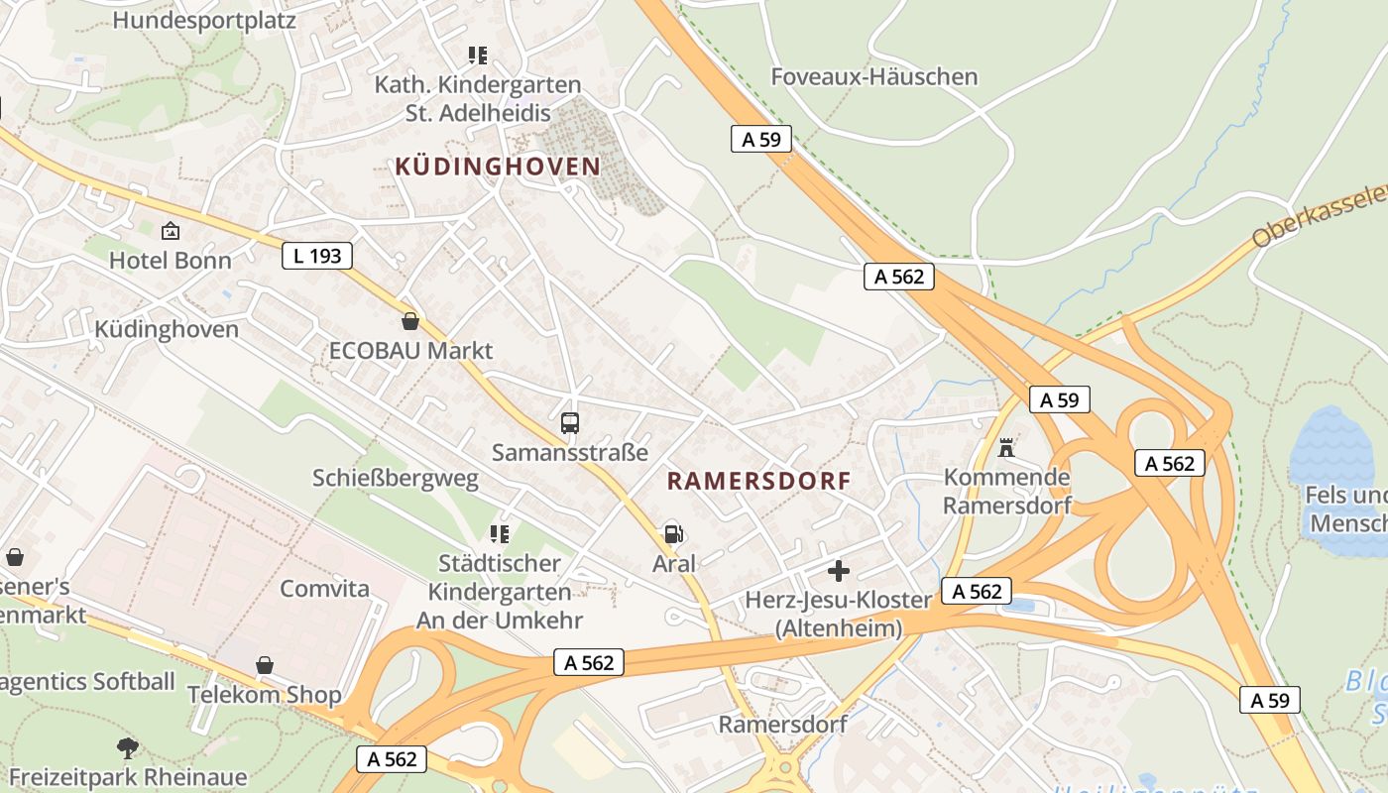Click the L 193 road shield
317,256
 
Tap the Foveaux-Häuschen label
874,76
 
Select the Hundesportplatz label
204,19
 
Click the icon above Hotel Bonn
171,232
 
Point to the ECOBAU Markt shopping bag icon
410,321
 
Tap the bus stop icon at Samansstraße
570,423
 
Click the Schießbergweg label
396,478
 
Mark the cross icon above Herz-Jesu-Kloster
839,571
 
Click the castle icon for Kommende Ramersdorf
1006,448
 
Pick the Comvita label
324,588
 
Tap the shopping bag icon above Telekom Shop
265,664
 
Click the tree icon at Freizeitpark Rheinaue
127,747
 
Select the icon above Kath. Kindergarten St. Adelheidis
478,56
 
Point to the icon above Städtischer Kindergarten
500,535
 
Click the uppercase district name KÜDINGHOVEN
498,167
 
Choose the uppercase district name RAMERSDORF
758,482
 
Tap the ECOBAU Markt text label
410,351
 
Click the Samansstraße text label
570,453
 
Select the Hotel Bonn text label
171,261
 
